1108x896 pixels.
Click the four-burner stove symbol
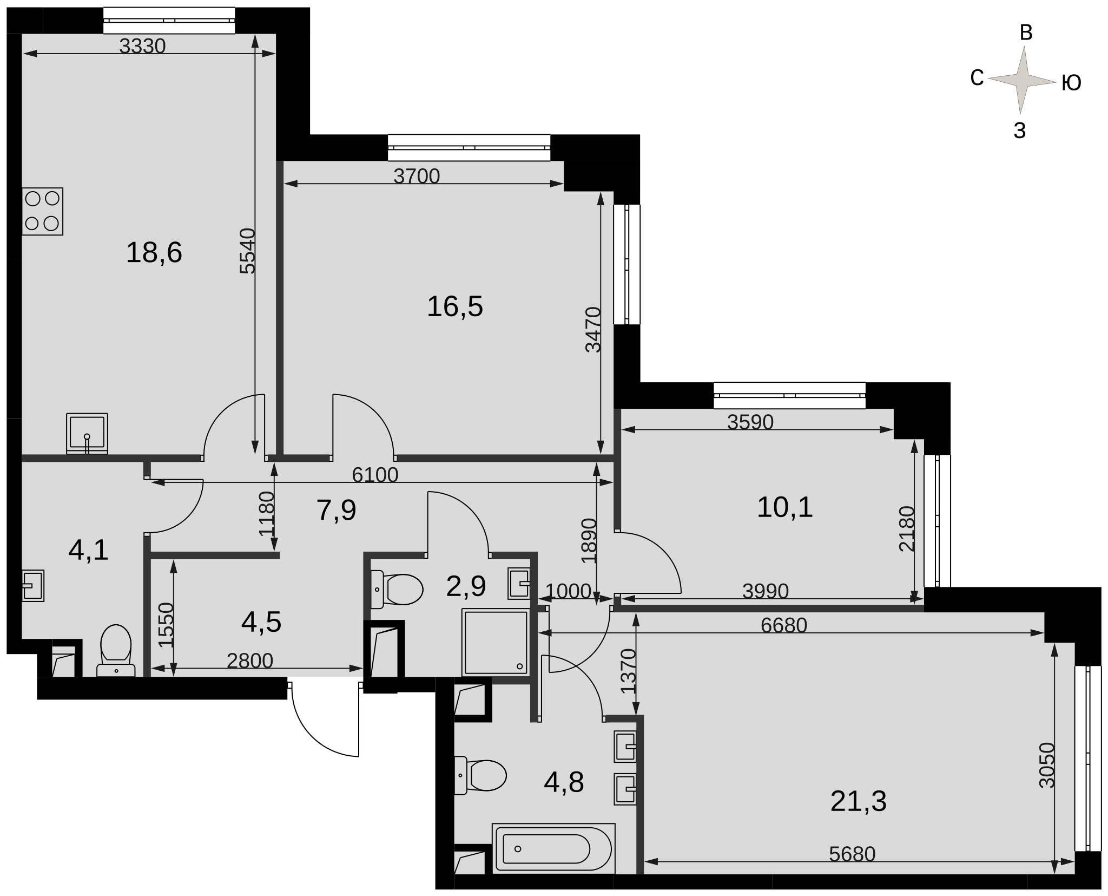(42, 211)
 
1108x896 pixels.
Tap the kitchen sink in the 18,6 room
(87, 433)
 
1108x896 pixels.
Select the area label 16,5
(454, 306)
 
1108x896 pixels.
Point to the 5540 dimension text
(247, 251)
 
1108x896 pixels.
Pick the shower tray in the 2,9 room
(495, 642)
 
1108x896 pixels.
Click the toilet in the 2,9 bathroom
(397, 589)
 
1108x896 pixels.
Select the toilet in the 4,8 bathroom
(480, 775)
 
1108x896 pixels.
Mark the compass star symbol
(1022, 80)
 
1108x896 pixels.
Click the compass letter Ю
(1071, 83)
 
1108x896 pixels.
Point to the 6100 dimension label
(375, 475)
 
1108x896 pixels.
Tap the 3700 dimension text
(417, 176)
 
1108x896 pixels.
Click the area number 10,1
(784, 508)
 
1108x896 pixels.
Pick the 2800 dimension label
(250, 661)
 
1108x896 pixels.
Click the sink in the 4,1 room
(32, 585)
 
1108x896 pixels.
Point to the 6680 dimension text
(783, 625)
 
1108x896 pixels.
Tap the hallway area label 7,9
(336, 511)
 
